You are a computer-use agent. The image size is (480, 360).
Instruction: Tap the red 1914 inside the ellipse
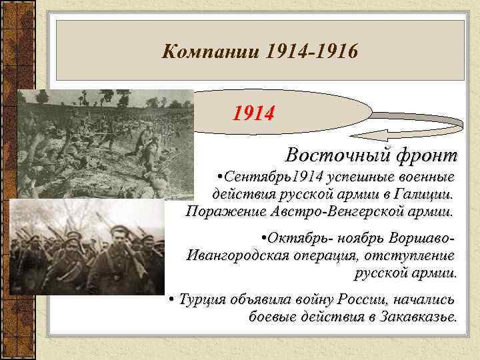click(253, 114)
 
